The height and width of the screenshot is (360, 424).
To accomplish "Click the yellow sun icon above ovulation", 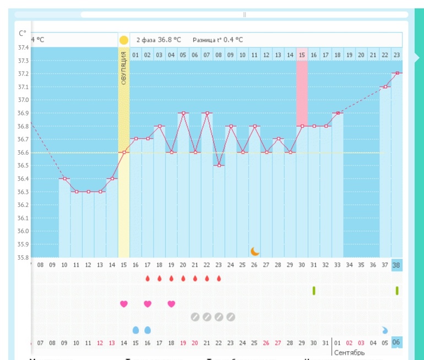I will pos(124,40).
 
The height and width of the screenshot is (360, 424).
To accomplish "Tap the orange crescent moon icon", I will pos(254,251).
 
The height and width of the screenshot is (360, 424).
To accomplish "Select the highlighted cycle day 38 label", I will pos(396,265).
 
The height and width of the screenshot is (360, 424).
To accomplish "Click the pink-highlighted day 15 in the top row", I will pos(302,55).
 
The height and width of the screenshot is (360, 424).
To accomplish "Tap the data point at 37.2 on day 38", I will pos(396,73).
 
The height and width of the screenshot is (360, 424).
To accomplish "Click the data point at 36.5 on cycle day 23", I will pos(219,165).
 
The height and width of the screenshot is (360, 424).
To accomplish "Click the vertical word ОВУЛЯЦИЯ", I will pos(124,68).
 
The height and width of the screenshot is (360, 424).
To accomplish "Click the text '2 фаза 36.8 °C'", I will pos(159,40).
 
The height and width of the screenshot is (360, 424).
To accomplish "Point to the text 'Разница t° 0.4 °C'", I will pos(218,40).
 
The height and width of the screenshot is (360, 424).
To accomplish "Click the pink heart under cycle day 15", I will pos(124,303).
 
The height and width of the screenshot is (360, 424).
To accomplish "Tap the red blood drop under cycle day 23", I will pos(219,279).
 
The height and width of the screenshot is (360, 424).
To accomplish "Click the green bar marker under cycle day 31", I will pos(314,290).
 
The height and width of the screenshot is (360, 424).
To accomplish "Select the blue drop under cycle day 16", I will pos(148,330).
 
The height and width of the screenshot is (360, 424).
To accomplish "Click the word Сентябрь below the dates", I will pos(349,352).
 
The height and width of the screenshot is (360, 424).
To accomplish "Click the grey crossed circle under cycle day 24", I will pos(231,317).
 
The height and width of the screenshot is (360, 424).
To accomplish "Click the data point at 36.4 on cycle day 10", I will pos(64,178).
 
